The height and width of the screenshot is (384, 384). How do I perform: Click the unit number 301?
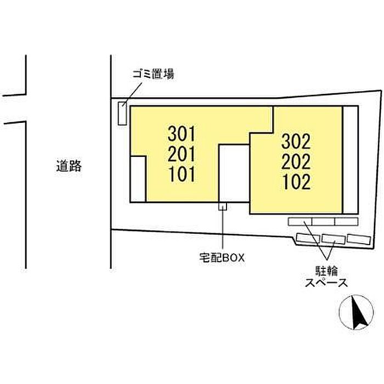[182, 134]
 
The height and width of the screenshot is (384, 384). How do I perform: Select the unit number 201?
[182, 154]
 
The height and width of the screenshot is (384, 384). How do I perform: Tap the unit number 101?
[182, 174]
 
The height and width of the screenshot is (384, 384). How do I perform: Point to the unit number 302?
[296, 142]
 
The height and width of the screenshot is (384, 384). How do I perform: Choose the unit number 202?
[296, 161]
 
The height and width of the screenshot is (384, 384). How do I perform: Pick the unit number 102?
[296, 182]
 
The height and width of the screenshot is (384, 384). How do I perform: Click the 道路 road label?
[69, 166]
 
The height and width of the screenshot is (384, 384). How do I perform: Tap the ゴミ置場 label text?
[153, 74]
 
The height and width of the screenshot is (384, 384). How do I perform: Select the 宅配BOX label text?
[222, 258]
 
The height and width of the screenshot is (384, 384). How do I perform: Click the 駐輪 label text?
[327, 271]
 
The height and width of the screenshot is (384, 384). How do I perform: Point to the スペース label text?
[326, 283]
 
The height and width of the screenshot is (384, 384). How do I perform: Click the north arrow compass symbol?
[357, 312]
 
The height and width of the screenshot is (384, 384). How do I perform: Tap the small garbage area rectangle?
[122, 114]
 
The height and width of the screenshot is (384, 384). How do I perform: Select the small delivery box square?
[223, 206]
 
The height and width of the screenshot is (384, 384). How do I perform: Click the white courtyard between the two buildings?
[234, 173]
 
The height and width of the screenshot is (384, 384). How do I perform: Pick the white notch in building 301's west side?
[138, 179]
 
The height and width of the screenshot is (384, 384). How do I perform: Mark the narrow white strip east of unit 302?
[350, 160]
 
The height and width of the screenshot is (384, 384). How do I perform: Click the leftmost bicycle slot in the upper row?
[300, 222]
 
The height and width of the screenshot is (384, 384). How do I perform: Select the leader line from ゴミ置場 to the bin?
[132, 94]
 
